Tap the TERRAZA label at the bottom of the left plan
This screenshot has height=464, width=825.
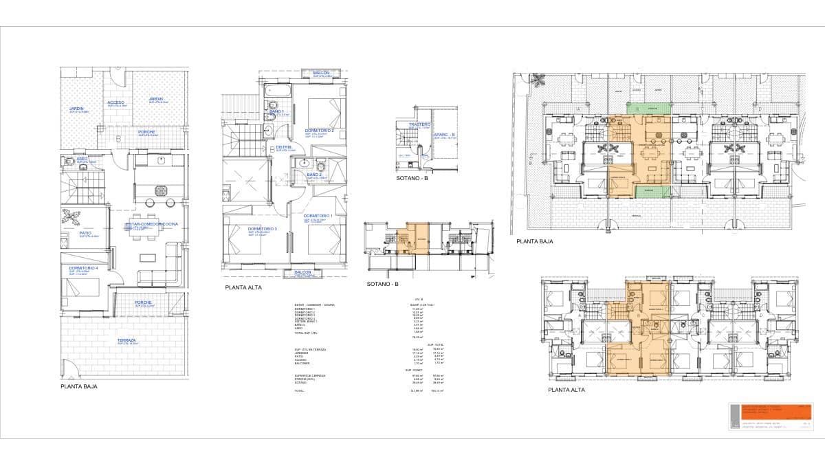(126, 340)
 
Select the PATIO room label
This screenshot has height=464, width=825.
(85, 232)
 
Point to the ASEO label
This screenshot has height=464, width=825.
(82, 159)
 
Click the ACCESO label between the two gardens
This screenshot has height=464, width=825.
(115, 102)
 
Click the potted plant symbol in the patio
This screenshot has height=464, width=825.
(71, 216)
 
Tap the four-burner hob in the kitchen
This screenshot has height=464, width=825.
(161, 190)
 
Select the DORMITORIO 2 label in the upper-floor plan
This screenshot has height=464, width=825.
(318, 131)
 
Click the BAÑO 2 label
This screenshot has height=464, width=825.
(314, 175)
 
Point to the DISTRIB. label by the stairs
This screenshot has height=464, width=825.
(284, 147)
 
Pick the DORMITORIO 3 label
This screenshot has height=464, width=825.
(263, 228)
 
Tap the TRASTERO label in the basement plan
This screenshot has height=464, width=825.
(419, 124)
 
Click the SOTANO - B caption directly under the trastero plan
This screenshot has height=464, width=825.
(412, 178)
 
